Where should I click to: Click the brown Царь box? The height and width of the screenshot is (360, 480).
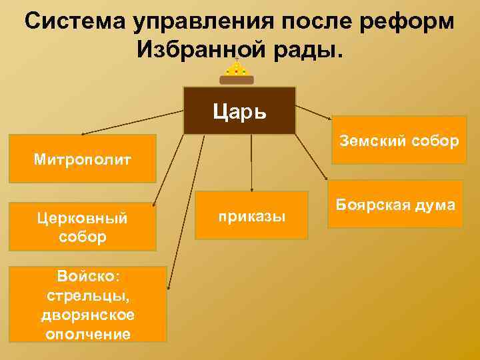click(239, 110)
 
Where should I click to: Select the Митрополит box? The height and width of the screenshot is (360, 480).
click(83, 159)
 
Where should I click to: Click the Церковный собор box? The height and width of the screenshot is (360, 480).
click(83, 227)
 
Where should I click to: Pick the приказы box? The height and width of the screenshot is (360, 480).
click(251, 215)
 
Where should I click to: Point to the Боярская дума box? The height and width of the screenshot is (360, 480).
click(395, 205)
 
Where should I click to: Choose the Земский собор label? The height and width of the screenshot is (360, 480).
click(399, 141)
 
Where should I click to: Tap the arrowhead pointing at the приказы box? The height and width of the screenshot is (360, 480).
click(251, 191)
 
